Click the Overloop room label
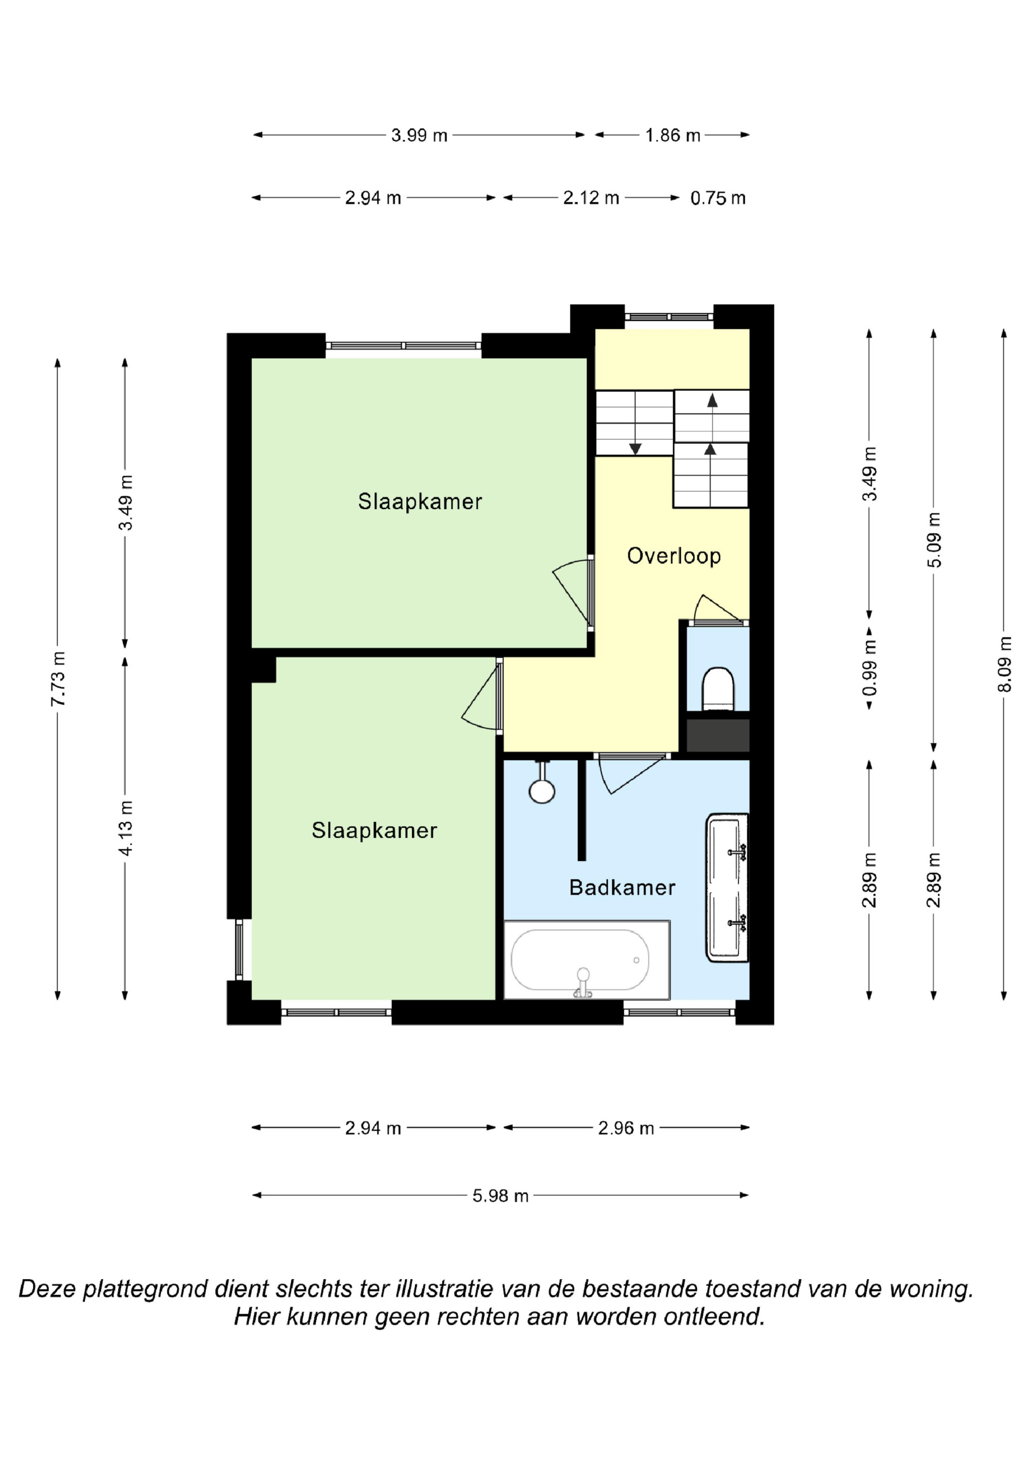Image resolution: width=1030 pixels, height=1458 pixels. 674,556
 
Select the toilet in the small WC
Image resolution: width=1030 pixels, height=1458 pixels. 718,689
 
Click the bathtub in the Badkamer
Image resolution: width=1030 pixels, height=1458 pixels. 587,960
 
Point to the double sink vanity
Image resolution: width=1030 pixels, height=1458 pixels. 727,888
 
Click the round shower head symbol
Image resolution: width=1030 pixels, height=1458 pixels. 541,791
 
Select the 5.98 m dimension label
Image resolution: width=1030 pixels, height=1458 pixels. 500,1196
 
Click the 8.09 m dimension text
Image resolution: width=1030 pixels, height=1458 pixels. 1004,664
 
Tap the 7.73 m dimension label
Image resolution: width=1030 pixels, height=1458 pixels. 58,679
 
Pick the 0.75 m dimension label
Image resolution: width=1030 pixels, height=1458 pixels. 718,198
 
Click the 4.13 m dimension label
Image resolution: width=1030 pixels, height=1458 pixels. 126,828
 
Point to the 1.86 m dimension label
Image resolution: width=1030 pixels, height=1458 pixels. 673,135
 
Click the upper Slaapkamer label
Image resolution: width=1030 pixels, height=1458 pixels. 420,501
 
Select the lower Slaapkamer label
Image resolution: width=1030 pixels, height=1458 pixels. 374,831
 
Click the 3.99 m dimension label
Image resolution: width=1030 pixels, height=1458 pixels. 419,135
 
